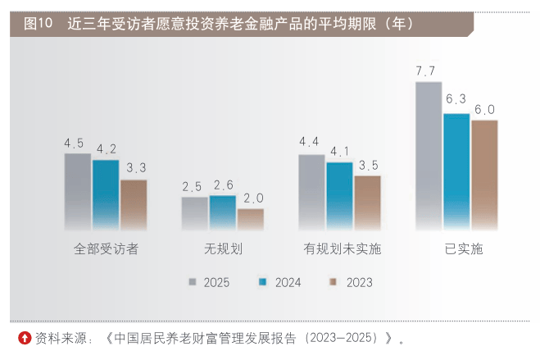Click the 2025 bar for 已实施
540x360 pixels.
click(x=429, y=156)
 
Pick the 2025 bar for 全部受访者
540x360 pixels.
click(x=78, y=191)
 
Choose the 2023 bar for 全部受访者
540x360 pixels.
click(x=134, y=204)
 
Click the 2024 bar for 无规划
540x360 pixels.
click(x=222, y=212)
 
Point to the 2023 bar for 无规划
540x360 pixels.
click(x=251, y=219)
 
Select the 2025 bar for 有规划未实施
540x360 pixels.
click(x=311, y=192)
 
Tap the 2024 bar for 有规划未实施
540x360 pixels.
click(x=339, y=196)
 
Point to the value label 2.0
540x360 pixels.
click(x=252, y=198)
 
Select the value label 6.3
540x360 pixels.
click(x=456, y=100)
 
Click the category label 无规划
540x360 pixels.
click(x=223, y=248)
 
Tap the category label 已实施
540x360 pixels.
click(x=458, y=248)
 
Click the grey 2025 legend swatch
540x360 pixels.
click(x=193, y=282)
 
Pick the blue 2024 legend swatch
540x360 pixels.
click(x=263, y=282)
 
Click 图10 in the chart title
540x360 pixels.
click(x=38, y=24)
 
